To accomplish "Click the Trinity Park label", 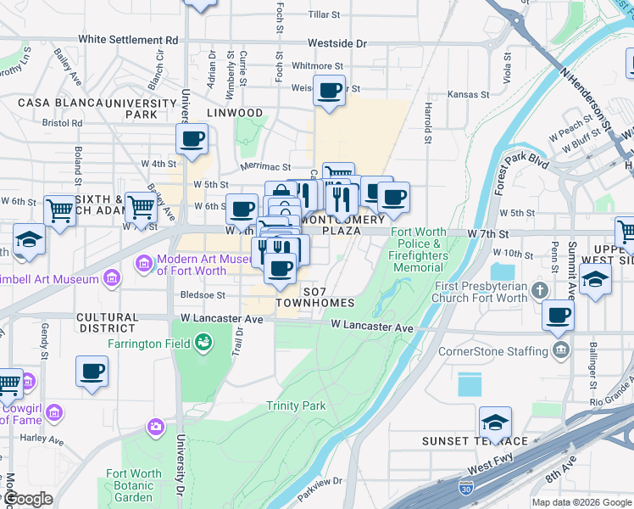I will click(296, 406).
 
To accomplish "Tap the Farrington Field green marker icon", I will click(203, 343).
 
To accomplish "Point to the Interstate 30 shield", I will click(465, 488).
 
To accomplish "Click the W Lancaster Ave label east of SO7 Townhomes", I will click(372, 326).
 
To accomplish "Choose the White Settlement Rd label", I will click(128, 40).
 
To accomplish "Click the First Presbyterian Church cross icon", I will click(540, 292).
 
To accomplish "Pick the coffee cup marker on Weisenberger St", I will click(329, 90).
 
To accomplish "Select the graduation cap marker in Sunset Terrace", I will click(496, 422).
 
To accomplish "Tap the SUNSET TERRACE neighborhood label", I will click(475, 441).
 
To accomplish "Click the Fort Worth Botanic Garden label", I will click(133, 485).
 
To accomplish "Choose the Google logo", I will click(28, 499).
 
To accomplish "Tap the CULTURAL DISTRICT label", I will click(107, 322).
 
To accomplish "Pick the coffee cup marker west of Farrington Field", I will click(92, 371).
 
